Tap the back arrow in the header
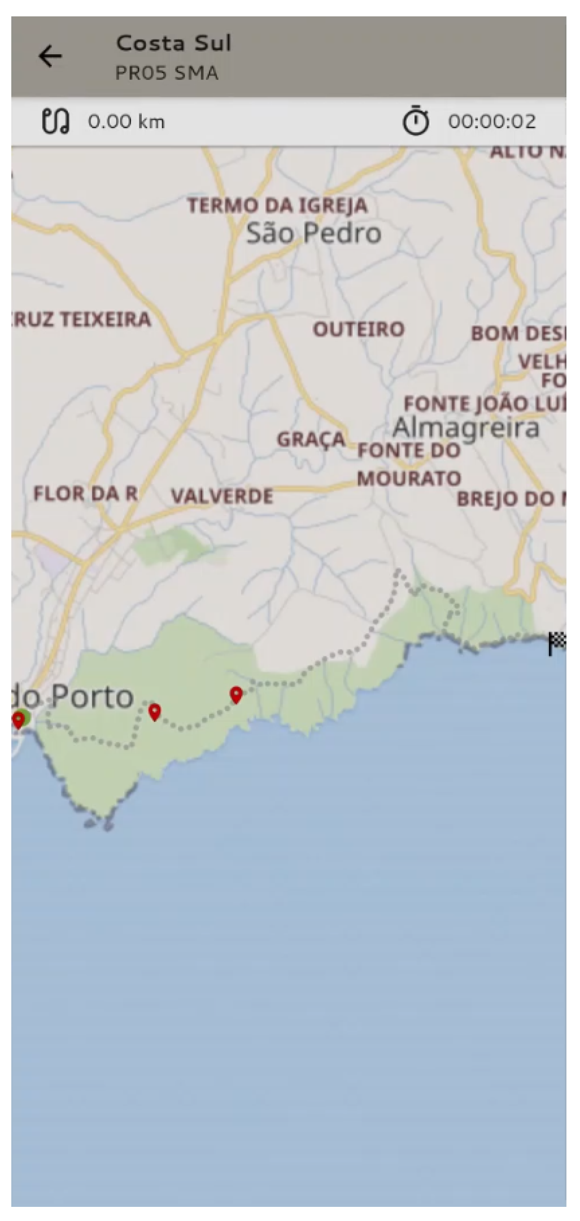click(50, 56)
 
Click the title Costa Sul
click(173, 43)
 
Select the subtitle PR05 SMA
click(167, 73)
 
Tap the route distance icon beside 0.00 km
click(55, 121)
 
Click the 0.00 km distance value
click(126, 121)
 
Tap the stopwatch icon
click(416, 121)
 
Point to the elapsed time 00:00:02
click(492, 121)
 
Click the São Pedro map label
click(313, 233)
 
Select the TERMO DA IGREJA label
click(277, 206)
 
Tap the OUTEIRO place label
click(359, 329)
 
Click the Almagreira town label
click(466, 428)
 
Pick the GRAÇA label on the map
click(311, 439)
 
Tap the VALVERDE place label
click(222, 496)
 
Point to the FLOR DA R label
click(85, 494)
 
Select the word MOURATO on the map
click(409, 479)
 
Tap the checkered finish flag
click(557, 643)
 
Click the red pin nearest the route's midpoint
click(236, 695)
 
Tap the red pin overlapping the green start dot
click(19, 720)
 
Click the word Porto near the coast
click(94, 697)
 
